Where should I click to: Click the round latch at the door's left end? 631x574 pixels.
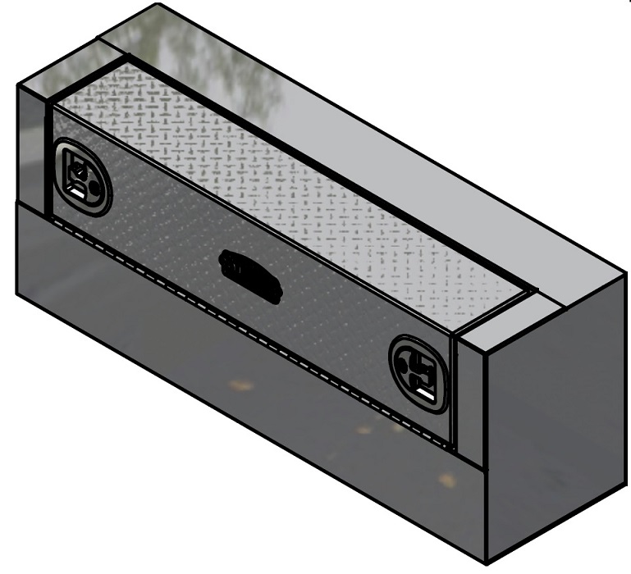[x=82, y=177]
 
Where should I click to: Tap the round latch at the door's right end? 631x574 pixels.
[x=419, y=374]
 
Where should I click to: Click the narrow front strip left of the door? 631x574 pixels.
[x=33, y=148]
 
